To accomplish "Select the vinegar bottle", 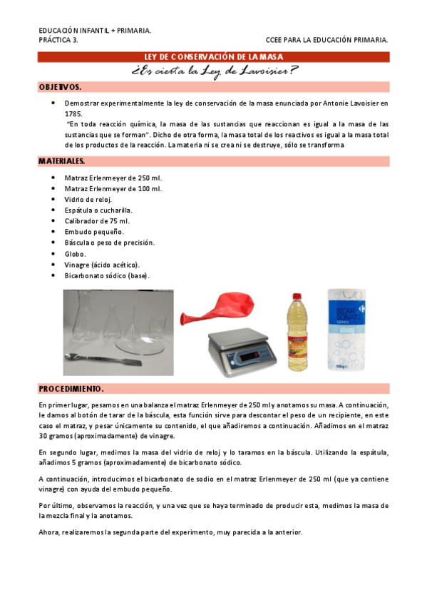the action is coord(297,334).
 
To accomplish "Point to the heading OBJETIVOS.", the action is coord(60,87).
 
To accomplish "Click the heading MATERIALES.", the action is coord(61,162).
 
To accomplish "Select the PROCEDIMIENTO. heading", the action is coord(71,389).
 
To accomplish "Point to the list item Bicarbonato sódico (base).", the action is coord(107,275).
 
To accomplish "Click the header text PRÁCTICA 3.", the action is coord(58,40).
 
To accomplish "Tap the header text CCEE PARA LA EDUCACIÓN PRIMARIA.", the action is coord(326,40).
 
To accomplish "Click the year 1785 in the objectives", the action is coord(73,113).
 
